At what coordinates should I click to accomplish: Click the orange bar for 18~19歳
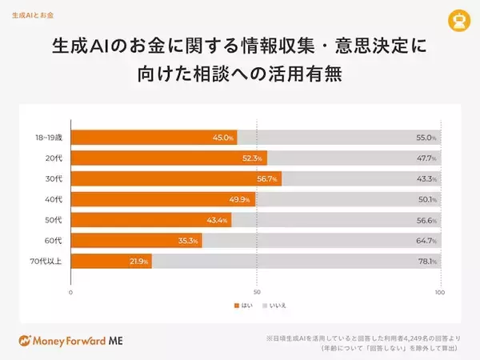pos(154,137)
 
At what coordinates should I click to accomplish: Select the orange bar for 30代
pos(176,178)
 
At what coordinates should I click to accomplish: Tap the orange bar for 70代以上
pos(112,261)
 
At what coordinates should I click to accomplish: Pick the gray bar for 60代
pos(320,240)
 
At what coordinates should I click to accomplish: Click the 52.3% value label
pos(254,158)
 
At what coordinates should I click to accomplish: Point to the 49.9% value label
pos(242,199)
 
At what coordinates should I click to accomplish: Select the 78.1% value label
pos(427,262)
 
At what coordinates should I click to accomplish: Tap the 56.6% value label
pos(427,220)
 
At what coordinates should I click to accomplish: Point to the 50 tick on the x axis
pos(256,292)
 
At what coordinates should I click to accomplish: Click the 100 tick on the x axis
pos(439,292)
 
